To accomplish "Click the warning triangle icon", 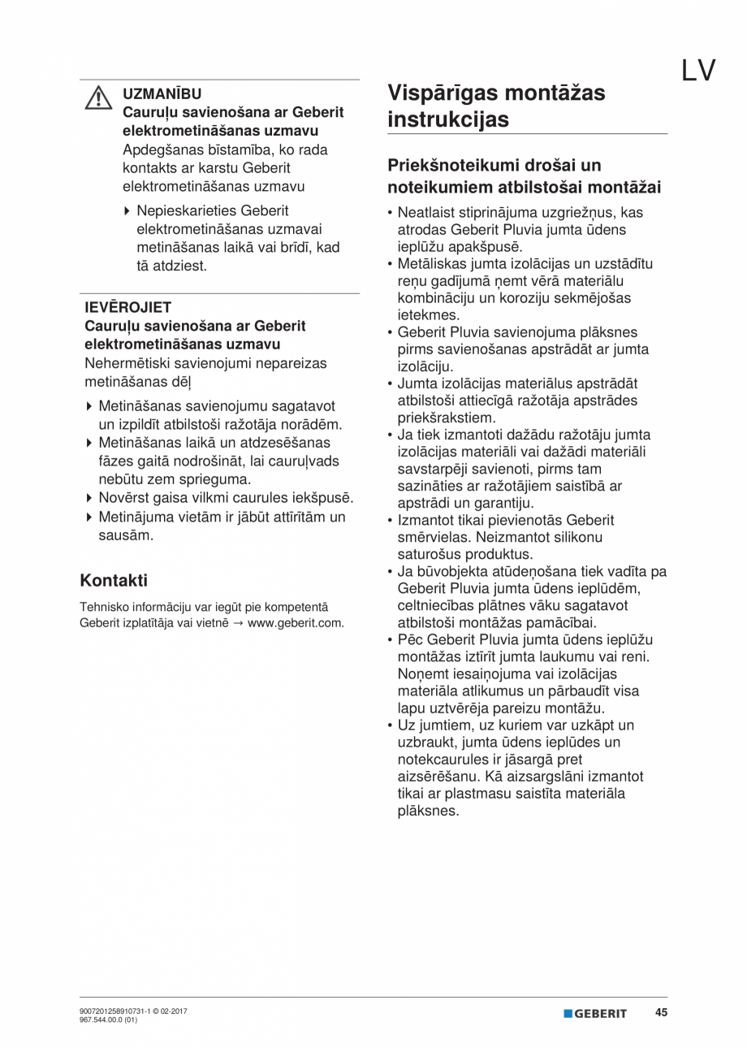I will tap(98, 97).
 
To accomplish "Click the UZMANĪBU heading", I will tap(162, 94).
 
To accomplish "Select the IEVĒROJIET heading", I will tap(127, 307).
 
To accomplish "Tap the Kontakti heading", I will tap(114, 580).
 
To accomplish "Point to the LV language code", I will tap(697, 71).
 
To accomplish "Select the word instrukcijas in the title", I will tap(448, 119).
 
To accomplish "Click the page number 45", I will tap(662, 1013).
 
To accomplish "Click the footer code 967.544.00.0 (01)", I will tap(108, 1020).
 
